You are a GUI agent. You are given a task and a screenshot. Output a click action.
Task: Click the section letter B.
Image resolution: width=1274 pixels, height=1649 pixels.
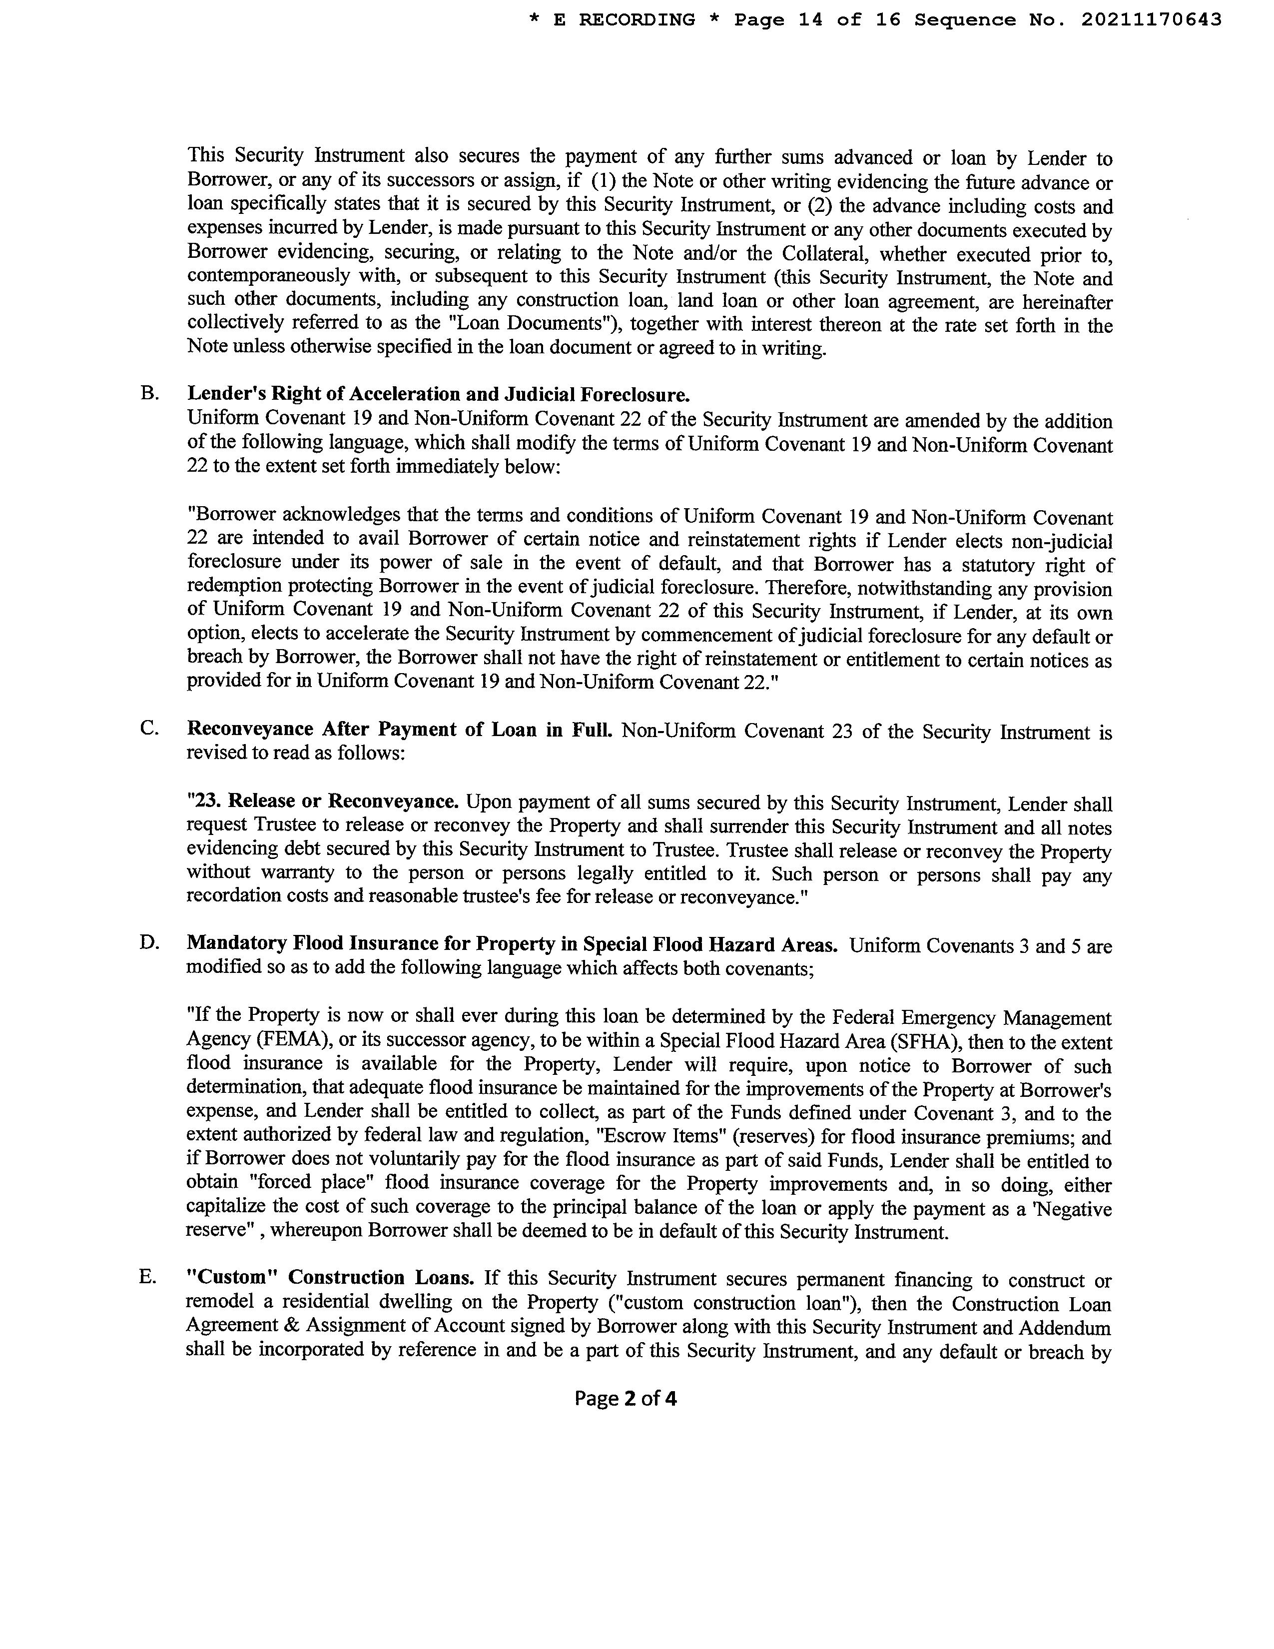pos(149,393)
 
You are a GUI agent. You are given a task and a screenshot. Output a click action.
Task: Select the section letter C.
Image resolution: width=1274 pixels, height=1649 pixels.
pos(149,729)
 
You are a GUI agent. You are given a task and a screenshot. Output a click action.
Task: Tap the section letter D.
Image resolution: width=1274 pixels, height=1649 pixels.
pos(149,943)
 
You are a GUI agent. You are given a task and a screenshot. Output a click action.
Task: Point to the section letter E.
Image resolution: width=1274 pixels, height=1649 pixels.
pos(148,1277)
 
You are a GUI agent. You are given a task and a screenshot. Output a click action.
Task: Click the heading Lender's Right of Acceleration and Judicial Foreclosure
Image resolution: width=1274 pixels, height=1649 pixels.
pos(438,394)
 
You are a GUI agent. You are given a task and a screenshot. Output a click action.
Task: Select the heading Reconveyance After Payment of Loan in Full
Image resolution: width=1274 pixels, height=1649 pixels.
pos(399,730)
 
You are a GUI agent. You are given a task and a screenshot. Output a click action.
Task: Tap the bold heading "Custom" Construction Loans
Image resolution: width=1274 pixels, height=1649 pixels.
pos(330,1278)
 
